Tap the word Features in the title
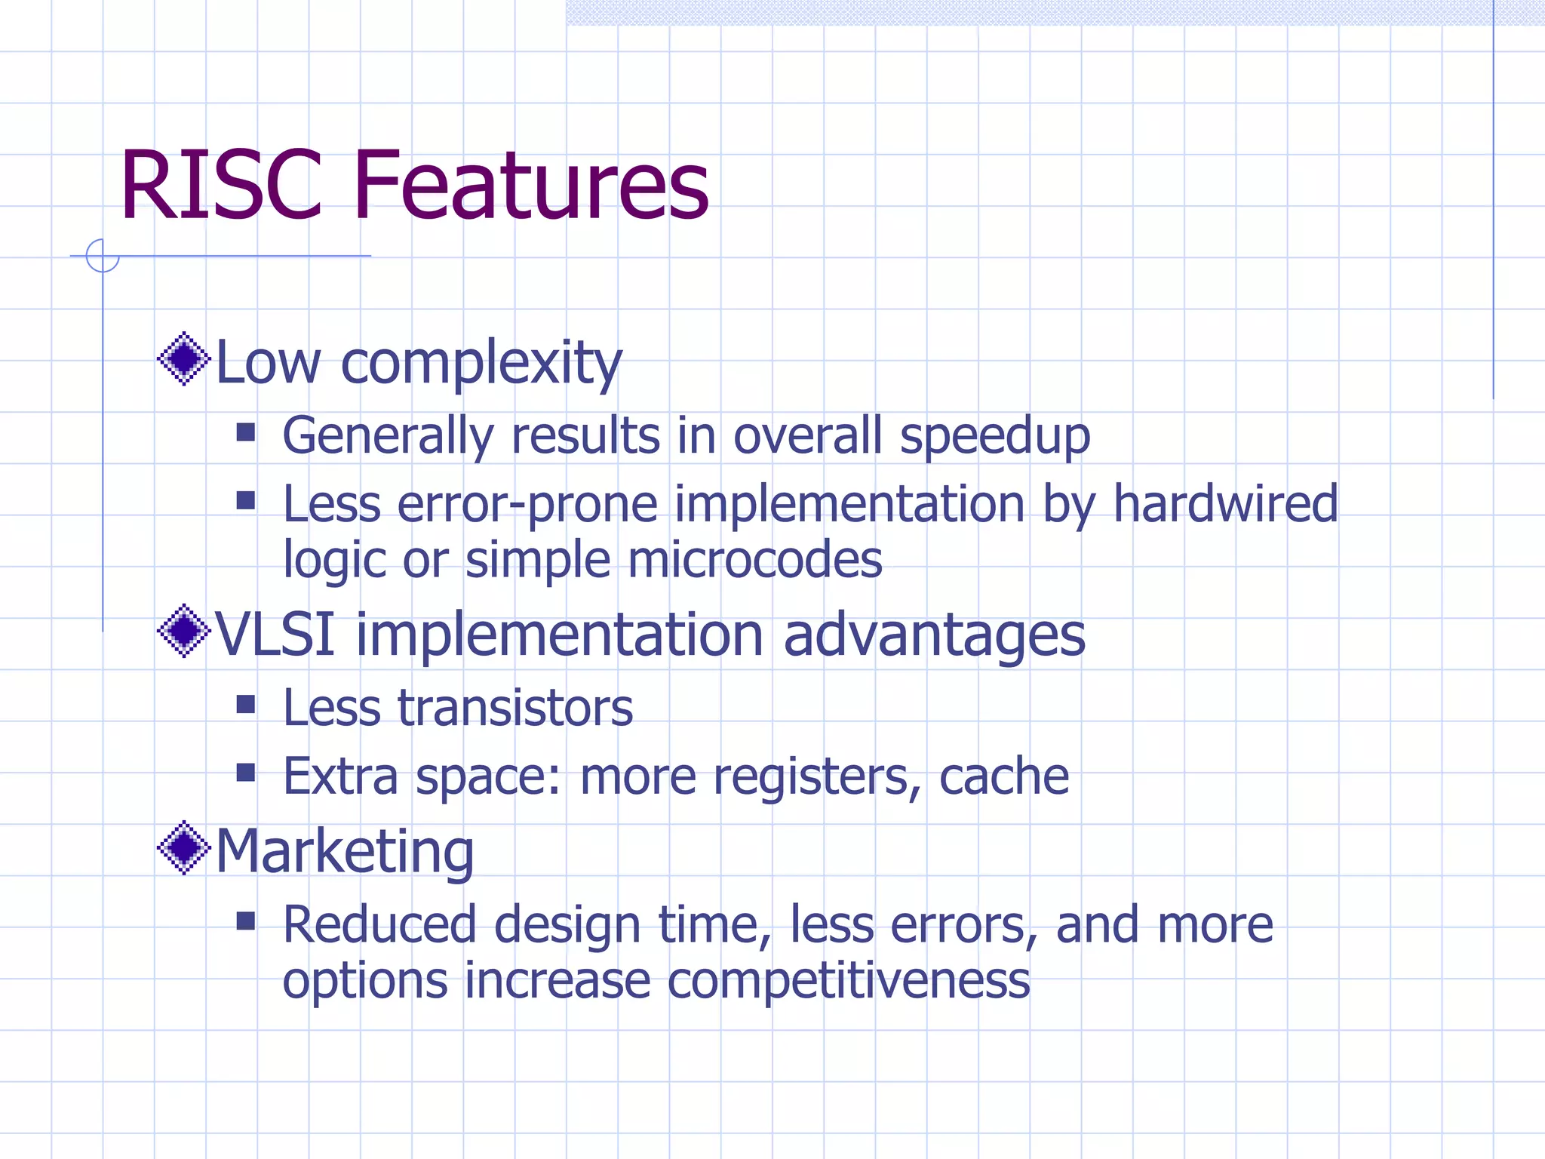(530, 186)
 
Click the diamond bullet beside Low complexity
(183, 358)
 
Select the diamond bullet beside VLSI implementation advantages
(183, 631)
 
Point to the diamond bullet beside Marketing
(183, 848)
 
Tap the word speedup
(995, 438)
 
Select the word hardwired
(1225, 504)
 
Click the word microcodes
(754, 560)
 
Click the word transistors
(515, 709)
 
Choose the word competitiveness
(849, 982)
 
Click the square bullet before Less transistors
(246, 705)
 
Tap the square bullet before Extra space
(246, 773)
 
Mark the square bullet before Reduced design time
(246, 921)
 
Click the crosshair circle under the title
(103, 256)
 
